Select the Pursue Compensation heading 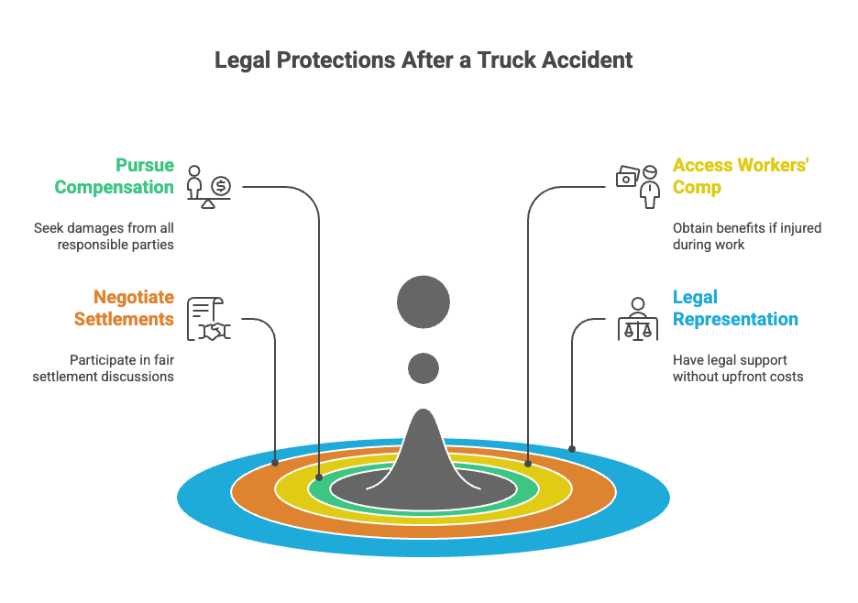pos(114,176)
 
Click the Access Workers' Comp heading pos(741,176)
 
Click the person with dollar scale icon pos(209,186)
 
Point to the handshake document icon pos(209,319)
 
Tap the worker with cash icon pos(639,186)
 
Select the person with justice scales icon pos(639,319)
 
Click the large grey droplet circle pos(423,301)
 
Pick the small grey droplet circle pos(423,367)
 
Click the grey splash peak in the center pos(423,449)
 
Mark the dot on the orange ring pos(275,463)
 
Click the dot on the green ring pos(319,477)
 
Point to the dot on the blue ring pos(572,449)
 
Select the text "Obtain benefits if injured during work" pos(746,236)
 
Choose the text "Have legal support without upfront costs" pos(737,368)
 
